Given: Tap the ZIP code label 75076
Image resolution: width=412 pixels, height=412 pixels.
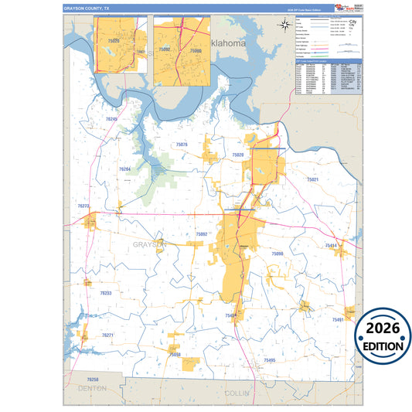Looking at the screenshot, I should [182, 145].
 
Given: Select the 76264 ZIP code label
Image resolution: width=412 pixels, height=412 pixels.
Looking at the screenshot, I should [124, 169].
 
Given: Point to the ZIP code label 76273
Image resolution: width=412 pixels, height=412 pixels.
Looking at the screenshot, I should [84, 206].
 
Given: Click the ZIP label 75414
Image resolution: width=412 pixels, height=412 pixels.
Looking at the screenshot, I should [332, 245].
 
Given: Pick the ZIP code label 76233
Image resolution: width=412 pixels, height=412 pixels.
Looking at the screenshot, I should [106, 294].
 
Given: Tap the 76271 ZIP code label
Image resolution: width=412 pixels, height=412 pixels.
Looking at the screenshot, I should [108, 335].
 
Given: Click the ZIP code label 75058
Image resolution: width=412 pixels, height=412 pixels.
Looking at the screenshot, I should [175, 354].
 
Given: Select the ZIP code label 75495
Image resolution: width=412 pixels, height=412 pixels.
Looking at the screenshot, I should [269, 360].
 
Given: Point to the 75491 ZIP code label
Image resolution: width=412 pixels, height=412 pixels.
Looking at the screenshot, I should [338, 319].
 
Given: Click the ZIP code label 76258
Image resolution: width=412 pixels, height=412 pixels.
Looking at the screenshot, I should [93, 380].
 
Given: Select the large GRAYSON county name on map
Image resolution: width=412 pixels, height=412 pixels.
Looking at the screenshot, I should [149, 244].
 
